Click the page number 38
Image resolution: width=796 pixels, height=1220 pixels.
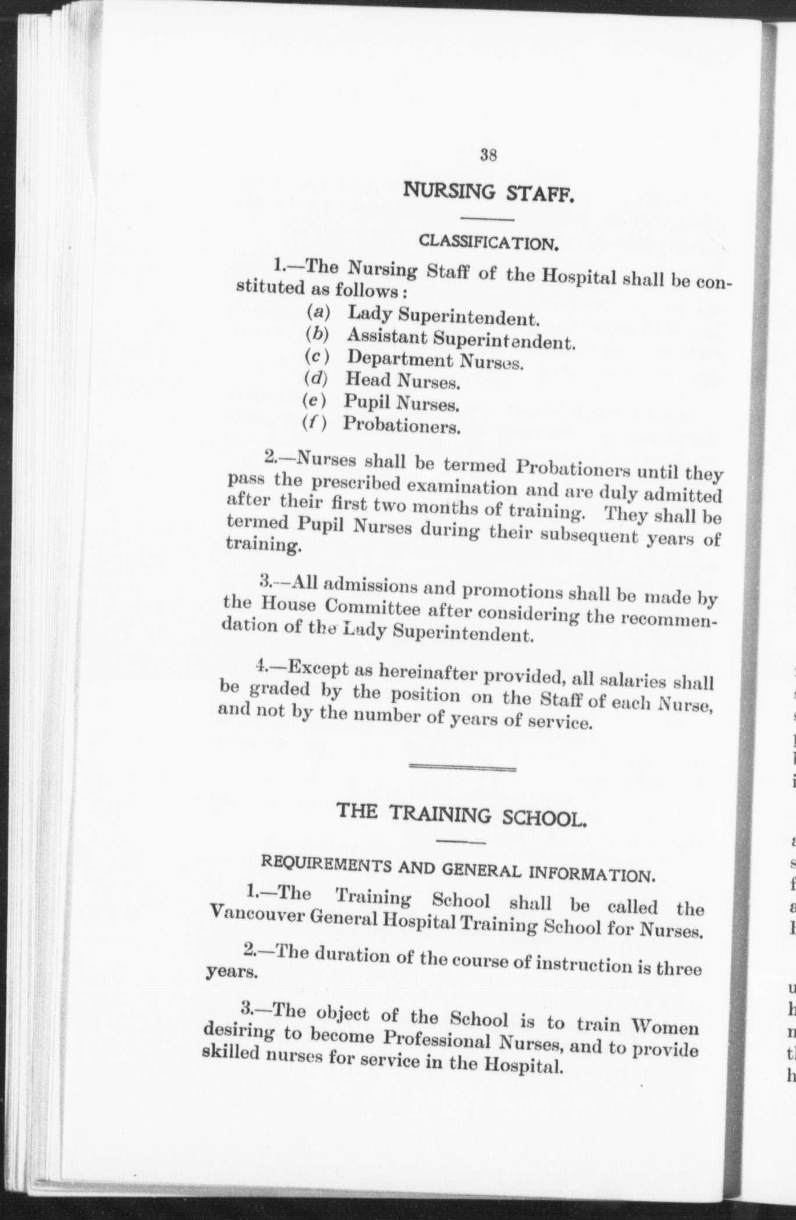(x=488, y=155)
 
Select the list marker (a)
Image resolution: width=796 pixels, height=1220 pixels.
(x=318, y=312)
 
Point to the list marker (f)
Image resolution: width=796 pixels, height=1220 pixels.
(x=314, y=423)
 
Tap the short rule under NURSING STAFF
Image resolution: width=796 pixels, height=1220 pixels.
(x=488, y=219)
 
